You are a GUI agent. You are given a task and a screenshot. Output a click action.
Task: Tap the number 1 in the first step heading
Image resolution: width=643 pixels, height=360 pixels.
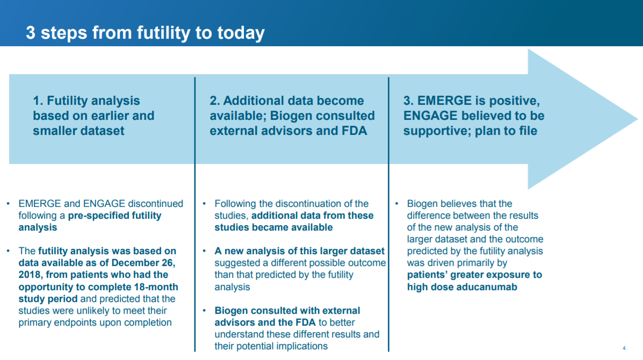point(37,100)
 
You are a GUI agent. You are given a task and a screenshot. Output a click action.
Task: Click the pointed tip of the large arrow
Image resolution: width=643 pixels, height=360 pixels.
point(638,119)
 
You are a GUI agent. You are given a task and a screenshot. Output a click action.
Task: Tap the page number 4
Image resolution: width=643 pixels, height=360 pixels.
point(624,348)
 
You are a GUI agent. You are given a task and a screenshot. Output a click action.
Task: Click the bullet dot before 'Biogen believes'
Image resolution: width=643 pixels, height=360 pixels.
point(397,204)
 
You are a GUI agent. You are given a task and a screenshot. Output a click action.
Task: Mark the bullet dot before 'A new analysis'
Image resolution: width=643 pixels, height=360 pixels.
point(204,251)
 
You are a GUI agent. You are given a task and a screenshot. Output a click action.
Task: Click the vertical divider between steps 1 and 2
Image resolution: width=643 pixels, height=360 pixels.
point(195,214)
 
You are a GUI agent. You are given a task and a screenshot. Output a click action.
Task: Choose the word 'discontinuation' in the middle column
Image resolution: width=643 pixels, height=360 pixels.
point(308,204)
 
